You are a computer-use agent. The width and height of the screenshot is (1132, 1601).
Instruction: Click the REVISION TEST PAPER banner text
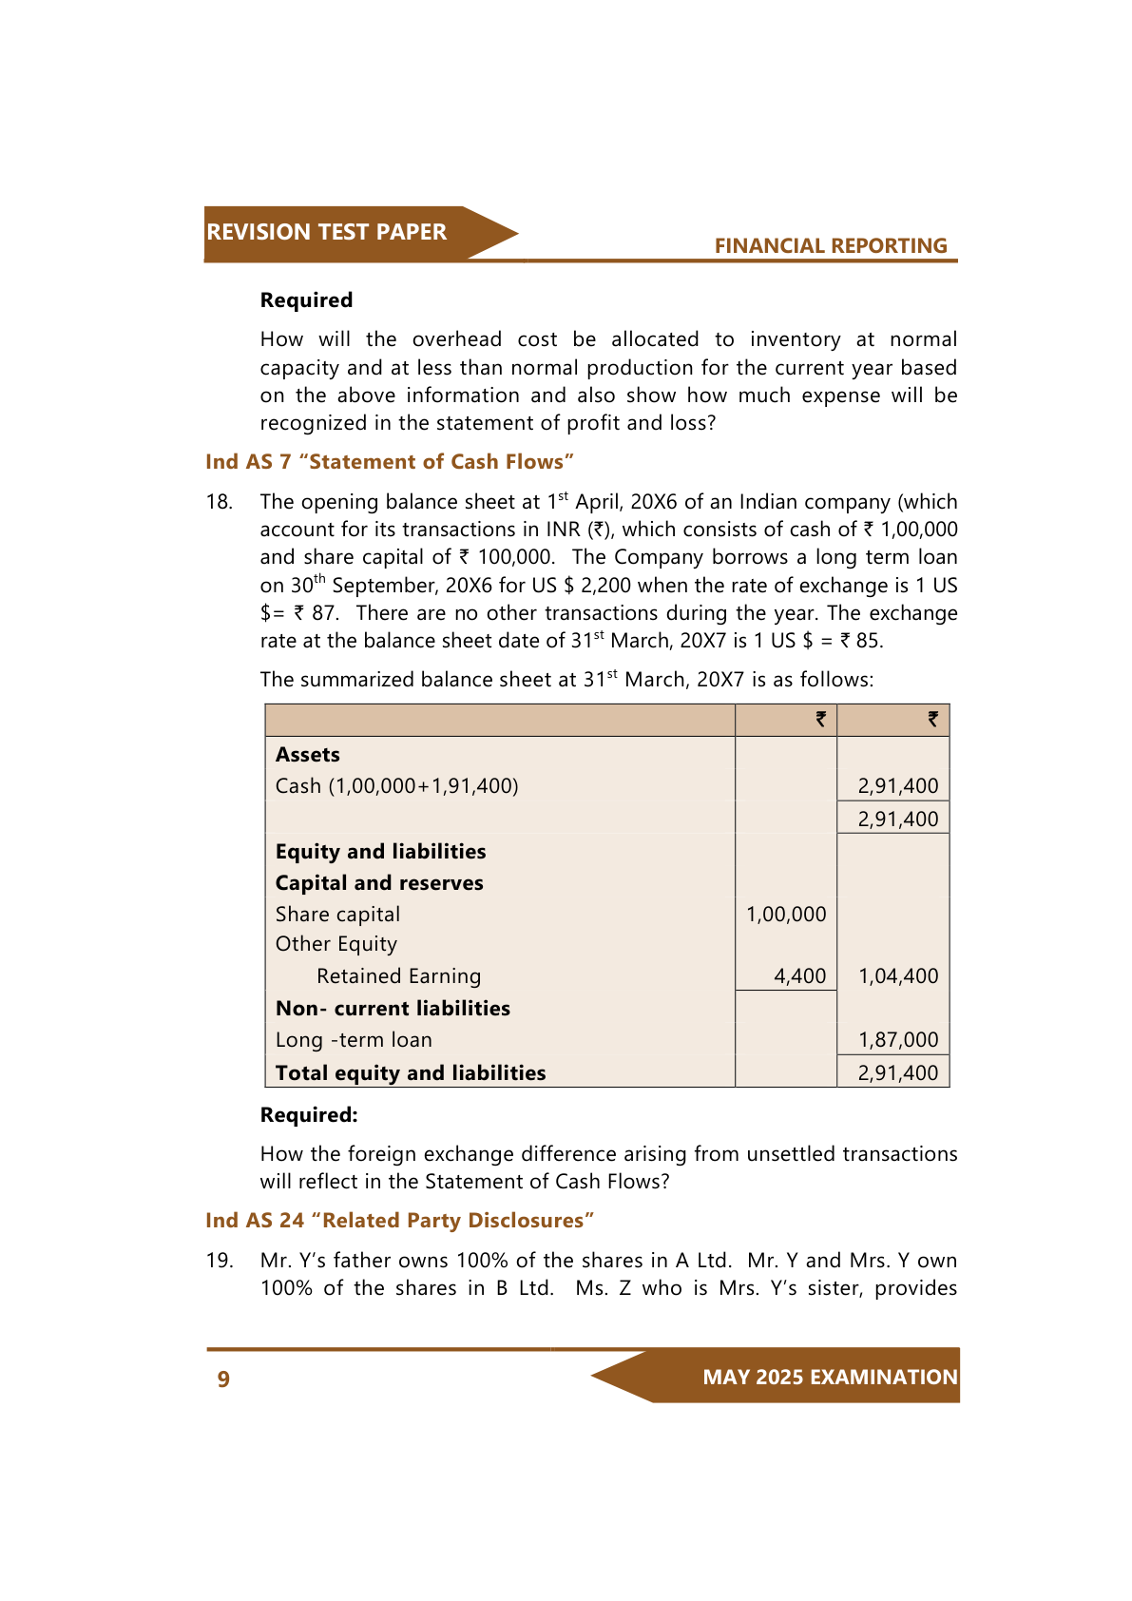click(x=326, y=232)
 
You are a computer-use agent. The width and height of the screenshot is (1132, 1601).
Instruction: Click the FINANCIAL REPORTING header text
click(x=831, y=245)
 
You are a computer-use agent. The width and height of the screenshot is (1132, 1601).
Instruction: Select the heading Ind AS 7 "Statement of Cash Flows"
click(x=390, y=462)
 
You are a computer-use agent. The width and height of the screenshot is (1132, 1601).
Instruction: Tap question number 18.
click(x=220, y=502)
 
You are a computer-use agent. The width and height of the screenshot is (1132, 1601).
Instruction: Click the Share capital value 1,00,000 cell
click(x=786, y=915)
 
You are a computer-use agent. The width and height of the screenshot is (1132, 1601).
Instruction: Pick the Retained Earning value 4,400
click(x=800, y=976)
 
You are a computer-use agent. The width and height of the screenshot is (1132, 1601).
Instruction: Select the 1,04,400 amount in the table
click(x=898, y=976)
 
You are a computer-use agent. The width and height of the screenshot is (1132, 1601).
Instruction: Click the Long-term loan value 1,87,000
click(x=898, y=1040)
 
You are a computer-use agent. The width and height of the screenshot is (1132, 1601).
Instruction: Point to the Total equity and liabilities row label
click(x=411, y=1073)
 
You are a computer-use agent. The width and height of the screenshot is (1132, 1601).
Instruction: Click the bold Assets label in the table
click(x=308, y=755)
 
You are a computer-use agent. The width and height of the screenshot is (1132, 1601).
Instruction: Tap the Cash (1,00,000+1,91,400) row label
click(x=397, y=786)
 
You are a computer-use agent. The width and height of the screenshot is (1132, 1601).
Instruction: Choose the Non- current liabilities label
click(x=393, y=1009)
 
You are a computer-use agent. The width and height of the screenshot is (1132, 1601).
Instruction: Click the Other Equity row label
click(x=336, y=944)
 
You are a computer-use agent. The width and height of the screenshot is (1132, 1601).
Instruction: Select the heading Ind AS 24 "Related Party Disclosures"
click(x=400, y=1221)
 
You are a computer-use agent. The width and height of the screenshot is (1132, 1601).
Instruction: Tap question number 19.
click(x=220, y=1261)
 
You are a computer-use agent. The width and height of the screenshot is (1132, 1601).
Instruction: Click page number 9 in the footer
click(x=223, y=1379)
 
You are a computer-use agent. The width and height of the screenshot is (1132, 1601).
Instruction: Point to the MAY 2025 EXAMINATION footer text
click(x=830, y=1378)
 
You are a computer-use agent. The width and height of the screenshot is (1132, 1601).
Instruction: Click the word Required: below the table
click(x=309, y=1115)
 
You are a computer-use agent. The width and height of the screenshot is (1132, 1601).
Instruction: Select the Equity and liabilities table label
click(x=380, y=852)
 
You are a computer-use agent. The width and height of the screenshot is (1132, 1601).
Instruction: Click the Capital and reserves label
click(x=379, y=883)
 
